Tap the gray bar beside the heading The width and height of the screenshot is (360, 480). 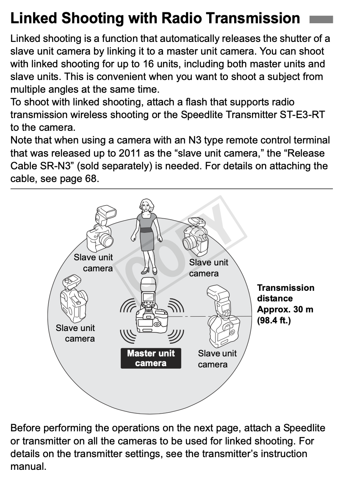pyautogui.click(x=321, y=19)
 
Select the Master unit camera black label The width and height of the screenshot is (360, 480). pyautogui.click(x=151, y=358)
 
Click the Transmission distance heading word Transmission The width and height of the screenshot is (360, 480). pyautogui.click(x=285, y=288)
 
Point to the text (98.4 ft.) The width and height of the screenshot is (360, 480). pyautogui.click(x=274, y=320)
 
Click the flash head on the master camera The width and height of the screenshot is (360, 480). pyautogui.click(x=148, y=284)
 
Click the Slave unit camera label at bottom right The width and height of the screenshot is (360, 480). pyautogui.click(x=217, y=359)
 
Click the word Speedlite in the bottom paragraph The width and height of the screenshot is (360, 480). pyautogui.click(x=304, y=428)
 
